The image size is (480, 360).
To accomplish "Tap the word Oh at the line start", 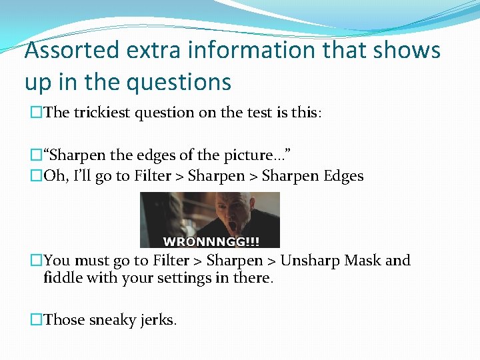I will pos(54,177).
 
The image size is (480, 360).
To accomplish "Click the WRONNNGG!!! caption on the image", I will pos(212,241).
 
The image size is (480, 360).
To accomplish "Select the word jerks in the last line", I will pos(159,320).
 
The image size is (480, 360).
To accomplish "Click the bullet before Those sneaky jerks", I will pos(36,320).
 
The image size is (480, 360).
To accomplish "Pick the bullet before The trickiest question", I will pos(36,113).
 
